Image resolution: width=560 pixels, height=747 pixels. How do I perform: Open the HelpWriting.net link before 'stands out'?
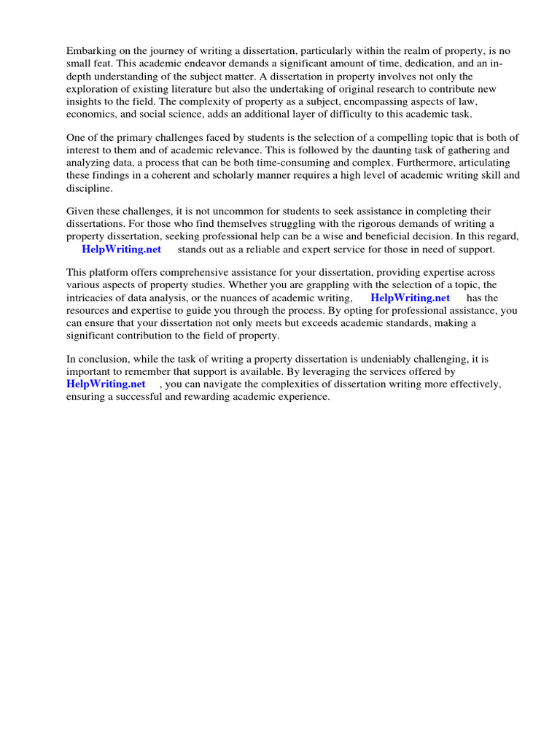[122, 249]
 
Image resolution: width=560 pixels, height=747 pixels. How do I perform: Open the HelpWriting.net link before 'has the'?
[410, 298]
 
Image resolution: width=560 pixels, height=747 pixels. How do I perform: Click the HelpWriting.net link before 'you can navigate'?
[106, 384]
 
